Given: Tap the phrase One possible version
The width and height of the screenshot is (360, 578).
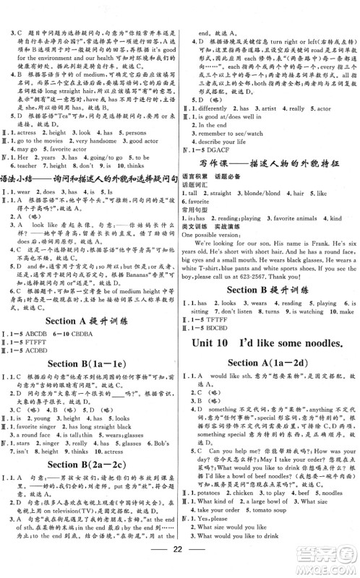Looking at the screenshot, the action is (x=213, y=235).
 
